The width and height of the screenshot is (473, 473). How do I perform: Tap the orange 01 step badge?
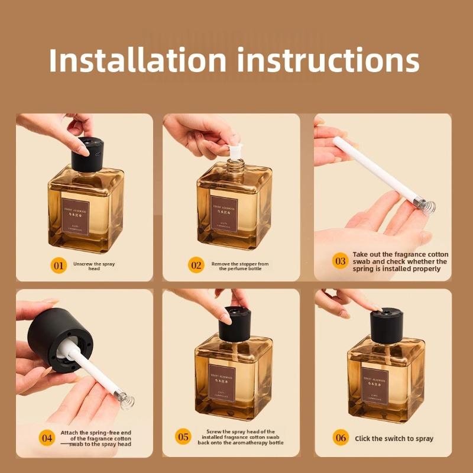click(59, 265)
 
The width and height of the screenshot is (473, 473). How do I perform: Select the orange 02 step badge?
click(196, 265)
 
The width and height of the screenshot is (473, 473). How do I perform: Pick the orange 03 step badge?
click(340, 261)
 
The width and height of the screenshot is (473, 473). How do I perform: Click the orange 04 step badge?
click(47, 438)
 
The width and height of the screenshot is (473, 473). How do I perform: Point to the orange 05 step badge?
click(184, 437)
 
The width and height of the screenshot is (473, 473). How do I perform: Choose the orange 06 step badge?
click(341, 438)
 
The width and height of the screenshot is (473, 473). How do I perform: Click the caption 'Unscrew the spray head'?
click(95, 265)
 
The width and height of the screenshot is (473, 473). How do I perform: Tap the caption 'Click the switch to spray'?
click(394, 439)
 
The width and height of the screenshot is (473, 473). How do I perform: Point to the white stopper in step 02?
click(235, 146)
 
